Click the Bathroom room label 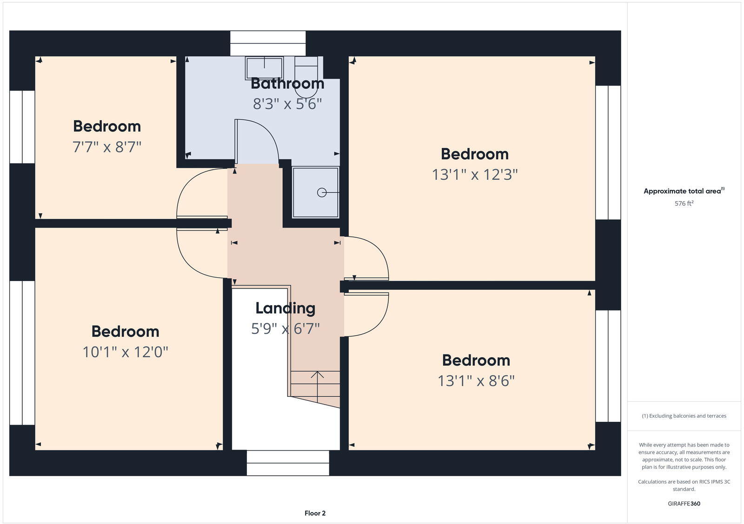pos(287,84)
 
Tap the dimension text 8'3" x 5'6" pos(287,104)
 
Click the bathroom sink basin pos(264,68)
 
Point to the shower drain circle pos(321,192)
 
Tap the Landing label pos(286,308)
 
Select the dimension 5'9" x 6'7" pos(286,329)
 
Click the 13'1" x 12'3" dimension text pos(475,175)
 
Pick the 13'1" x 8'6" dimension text pos(476,381)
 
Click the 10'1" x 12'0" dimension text pos(125,352)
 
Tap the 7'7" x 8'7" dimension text pos(107,147)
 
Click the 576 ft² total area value pos(684,203)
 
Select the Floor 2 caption pos(315,513)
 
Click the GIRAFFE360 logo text pos(684,504)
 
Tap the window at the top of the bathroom pos(268,43)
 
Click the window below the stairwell pos(288,463)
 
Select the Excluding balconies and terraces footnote pos(684,416)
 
